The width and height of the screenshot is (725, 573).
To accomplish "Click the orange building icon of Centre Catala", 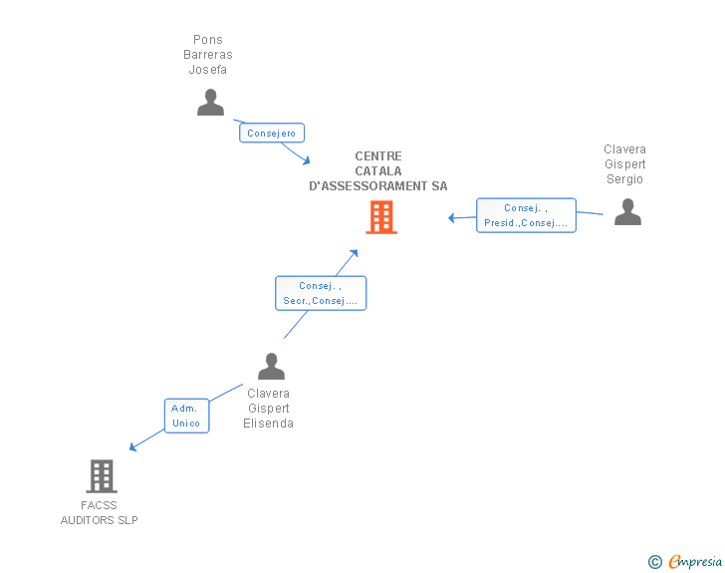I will (x=381, y=217).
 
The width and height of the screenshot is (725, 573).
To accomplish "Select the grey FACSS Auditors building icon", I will (x=101, y=476).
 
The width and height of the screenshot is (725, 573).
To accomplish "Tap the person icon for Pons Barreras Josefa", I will (x=210, y=103).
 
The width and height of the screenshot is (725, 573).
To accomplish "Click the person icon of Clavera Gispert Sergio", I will (x=627, y=212).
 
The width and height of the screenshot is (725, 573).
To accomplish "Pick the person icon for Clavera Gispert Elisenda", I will (x=271, y=367).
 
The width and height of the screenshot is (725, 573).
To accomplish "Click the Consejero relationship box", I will (x=272, y=133).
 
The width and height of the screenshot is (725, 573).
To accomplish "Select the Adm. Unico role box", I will (x=186, y=416).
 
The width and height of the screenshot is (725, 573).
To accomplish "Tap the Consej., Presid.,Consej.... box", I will (x=526, y=215).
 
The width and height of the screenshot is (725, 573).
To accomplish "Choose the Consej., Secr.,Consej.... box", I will (x=321, y=293).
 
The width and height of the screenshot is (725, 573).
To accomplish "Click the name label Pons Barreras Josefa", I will (x=208, y=55).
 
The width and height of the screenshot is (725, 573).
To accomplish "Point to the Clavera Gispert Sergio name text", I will (x=624, y=164).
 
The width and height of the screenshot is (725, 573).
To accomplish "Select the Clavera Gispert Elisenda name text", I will (x=268, y=409).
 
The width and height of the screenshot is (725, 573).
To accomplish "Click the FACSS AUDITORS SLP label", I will (x=100, y=513).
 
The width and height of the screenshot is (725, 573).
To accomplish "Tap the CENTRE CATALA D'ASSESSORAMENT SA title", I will (x=378, y=171).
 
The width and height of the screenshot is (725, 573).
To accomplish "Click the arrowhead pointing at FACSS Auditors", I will (x=133, y=446).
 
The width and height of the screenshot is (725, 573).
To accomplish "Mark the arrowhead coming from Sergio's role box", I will (x=452, y=218).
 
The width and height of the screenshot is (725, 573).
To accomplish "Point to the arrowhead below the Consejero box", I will (x=306, y=160).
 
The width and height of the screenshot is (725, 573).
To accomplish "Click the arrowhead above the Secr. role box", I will (x=354, y=253).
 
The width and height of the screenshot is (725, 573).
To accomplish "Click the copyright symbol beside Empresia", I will (x=654, y=562).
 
